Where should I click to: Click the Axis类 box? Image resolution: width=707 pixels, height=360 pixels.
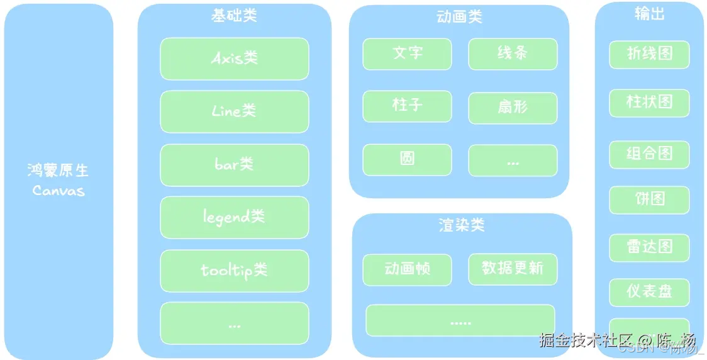pos(235,59)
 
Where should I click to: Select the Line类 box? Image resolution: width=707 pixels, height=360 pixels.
pos(235,111)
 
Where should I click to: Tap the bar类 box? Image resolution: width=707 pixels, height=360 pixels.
pos(235,165)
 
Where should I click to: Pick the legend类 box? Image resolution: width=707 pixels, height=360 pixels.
pos(235,217)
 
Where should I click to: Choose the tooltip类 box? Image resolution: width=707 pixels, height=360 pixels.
pos(235,271)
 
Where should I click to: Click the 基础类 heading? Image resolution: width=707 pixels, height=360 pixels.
pos(234,16)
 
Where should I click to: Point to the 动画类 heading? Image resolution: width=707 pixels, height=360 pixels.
pos(459,17)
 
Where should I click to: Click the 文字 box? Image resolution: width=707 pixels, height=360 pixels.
pos(407,53)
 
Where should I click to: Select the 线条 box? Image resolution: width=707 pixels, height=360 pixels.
pos(513,53)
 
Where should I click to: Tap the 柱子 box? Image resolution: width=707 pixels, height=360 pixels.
pos(407,106)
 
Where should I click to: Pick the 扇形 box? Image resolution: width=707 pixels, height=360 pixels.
pos(513,107)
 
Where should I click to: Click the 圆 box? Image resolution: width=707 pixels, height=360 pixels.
pos(407,159)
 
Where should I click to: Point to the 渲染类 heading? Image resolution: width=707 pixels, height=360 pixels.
pos(462,225)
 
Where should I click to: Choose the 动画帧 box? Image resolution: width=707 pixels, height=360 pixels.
pos(407,269)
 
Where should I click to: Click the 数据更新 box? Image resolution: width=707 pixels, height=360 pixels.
pos(513,269)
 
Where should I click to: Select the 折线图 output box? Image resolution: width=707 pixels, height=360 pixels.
pos(649,54)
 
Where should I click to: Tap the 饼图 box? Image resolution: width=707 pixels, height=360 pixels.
pos(649,200)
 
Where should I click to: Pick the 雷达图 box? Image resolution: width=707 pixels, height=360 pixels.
pos(649,247)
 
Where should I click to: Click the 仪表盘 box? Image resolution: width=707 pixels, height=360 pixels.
pos(649,292)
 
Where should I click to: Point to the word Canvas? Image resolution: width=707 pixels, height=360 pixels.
pos(58,190)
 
